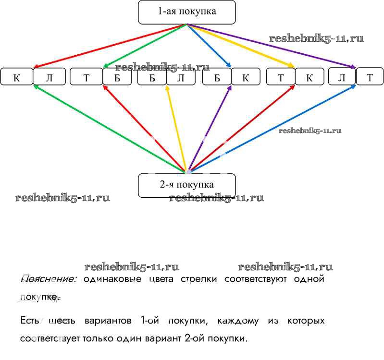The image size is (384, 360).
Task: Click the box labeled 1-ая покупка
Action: coord(187,12)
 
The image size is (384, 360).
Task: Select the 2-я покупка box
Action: coord(186,185)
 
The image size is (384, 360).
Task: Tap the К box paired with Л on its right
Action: coord(16,77)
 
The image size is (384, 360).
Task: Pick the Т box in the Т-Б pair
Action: coord(86,77)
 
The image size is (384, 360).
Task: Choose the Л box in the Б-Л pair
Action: coord(181,77)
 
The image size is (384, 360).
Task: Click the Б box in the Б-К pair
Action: coord(217,77)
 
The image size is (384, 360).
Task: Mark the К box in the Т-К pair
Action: coord(310,77)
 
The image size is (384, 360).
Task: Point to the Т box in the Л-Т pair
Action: coord(370,77)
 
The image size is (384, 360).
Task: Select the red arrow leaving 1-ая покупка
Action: coord(111,46)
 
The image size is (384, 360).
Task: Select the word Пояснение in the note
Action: coord(49,279)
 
